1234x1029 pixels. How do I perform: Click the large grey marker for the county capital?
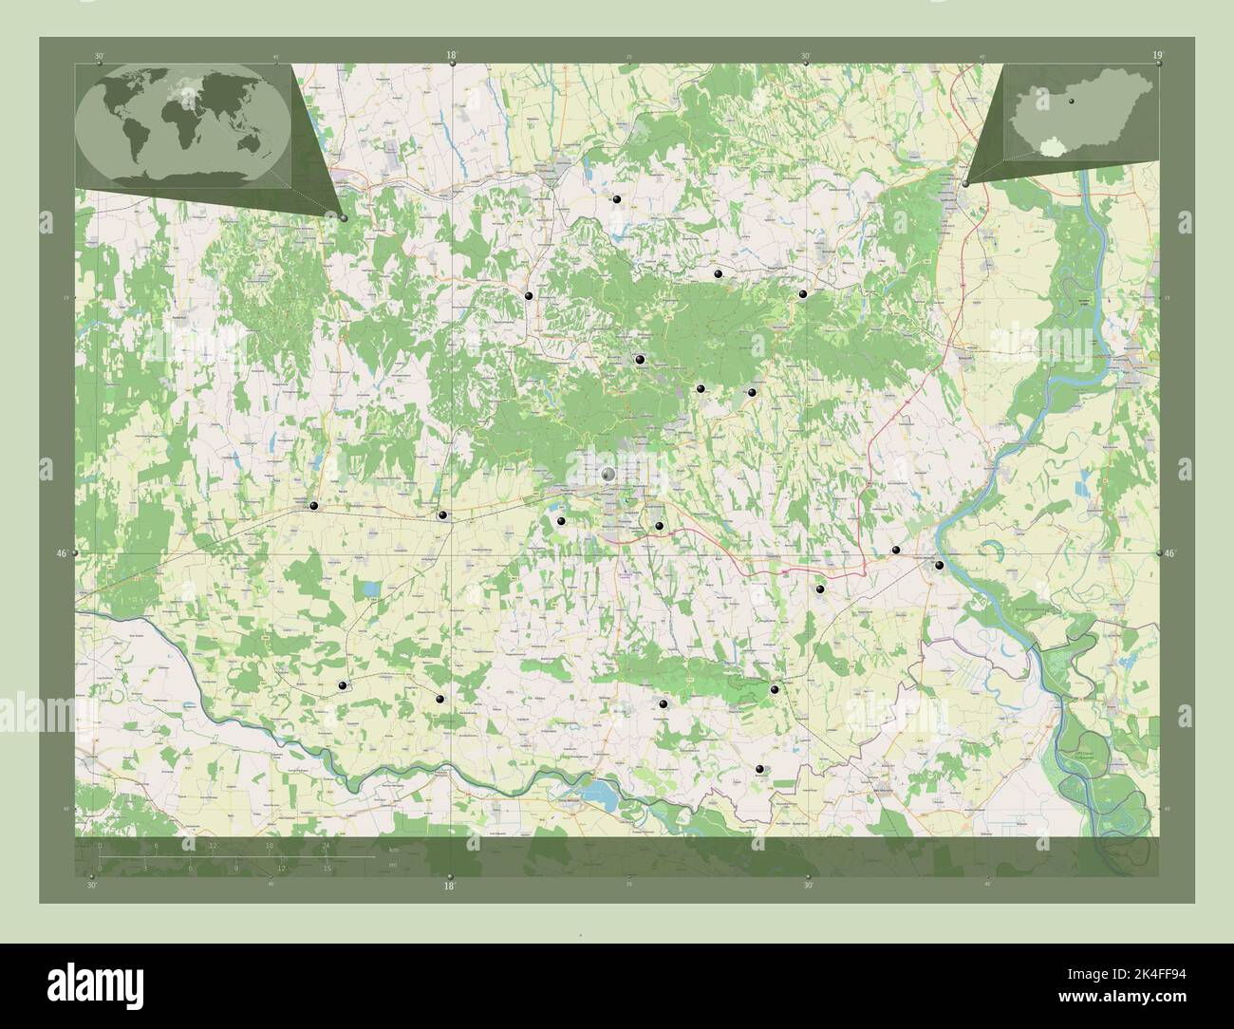coord(608,473)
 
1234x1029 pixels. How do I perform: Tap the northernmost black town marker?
coord(617,199)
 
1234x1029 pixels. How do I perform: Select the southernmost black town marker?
coord(760,770)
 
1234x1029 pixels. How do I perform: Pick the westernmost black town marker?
coord(311,505)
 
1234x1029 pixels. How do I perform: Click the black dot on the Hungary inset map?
coord(1071,99)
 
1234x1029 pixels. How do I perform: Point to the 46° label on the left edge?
coord(62,553)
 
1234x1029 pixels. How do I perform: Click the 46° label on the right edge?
coord(1169,553)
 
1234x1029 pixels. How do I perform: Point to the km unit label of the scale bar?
coord(393,849)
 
